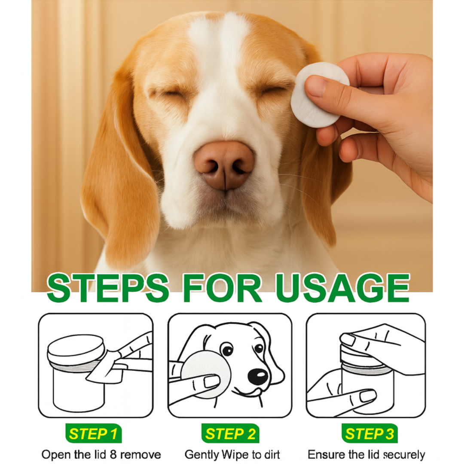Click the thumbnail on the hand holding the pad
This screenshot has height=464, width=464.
point(317,85)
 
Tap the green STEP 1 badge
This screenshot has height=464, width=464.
point(93,433)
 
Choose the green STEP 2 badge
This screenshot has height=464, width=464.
point(230,433)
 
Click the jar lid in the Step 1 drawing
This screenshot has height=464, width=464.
point(76,348)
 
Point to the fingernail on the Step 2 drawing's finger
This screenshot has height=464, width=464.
point(212,382)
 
